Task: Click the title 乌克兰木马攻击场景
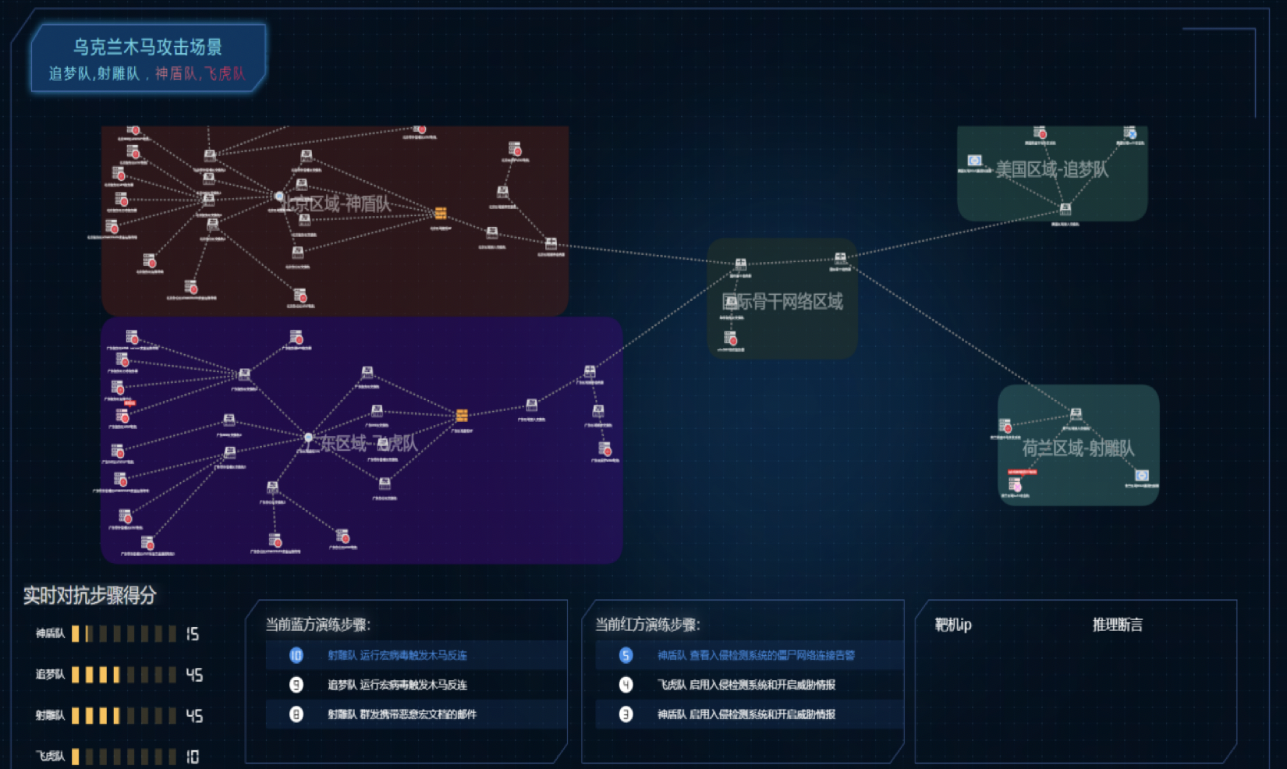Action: (x=147, y=48)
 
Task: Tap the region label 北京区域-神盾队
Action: (x=336, y=204)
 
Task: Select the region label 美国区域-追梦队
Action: (x=1051, y=169)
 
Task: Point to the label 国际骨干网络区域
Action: (x=782, y=302)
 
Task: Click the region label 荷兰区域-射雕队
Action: (x=1078, y=448)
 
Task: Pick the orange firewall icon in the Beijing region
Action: (x=441, y=213)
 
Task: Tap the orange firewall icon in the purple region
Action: (x=462, y=415)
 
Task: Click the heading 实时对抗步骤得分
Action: (x=90, y=596)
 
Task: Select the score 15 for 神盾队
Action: (x=192, y=634)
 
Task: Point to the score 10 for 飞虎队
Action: (x=192, y=757)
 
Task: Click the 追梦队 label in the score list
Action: (x=50, y=675)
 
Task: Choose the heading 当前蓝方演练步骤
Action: (x=317, y=625)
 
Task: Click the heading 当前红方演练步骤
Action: (x=647, y=625)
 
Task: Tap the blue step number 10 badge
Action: (x=296, y=655)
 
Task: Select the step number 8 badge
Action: (x=296, y=714)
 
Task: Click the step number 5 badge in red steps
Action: (x=626, y=655)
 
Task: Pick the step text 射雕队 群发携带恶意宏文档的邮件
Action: (x=402, y=714)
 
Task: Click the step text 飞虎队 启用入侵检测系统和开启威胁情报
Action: (x=746, y=685)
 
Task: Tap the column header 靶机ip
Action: (x=952, y=625)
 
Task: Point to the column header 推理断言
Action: (x=1117, y=625)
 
